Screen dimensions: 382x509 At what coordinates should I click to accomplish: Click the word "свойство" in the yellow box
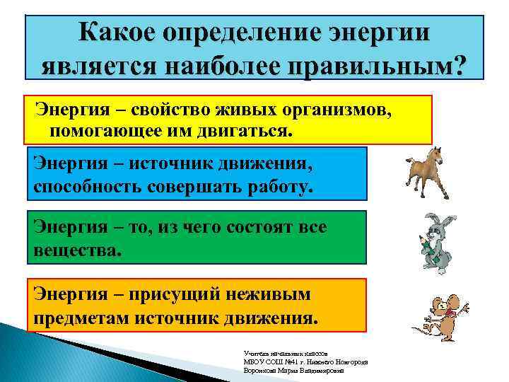(155, 111)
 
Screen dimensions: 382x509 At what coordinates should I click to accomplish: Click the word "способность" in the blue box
(88, 187)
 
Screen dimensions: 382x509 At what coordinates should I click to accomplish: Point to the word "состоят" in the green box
(252, 227)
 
